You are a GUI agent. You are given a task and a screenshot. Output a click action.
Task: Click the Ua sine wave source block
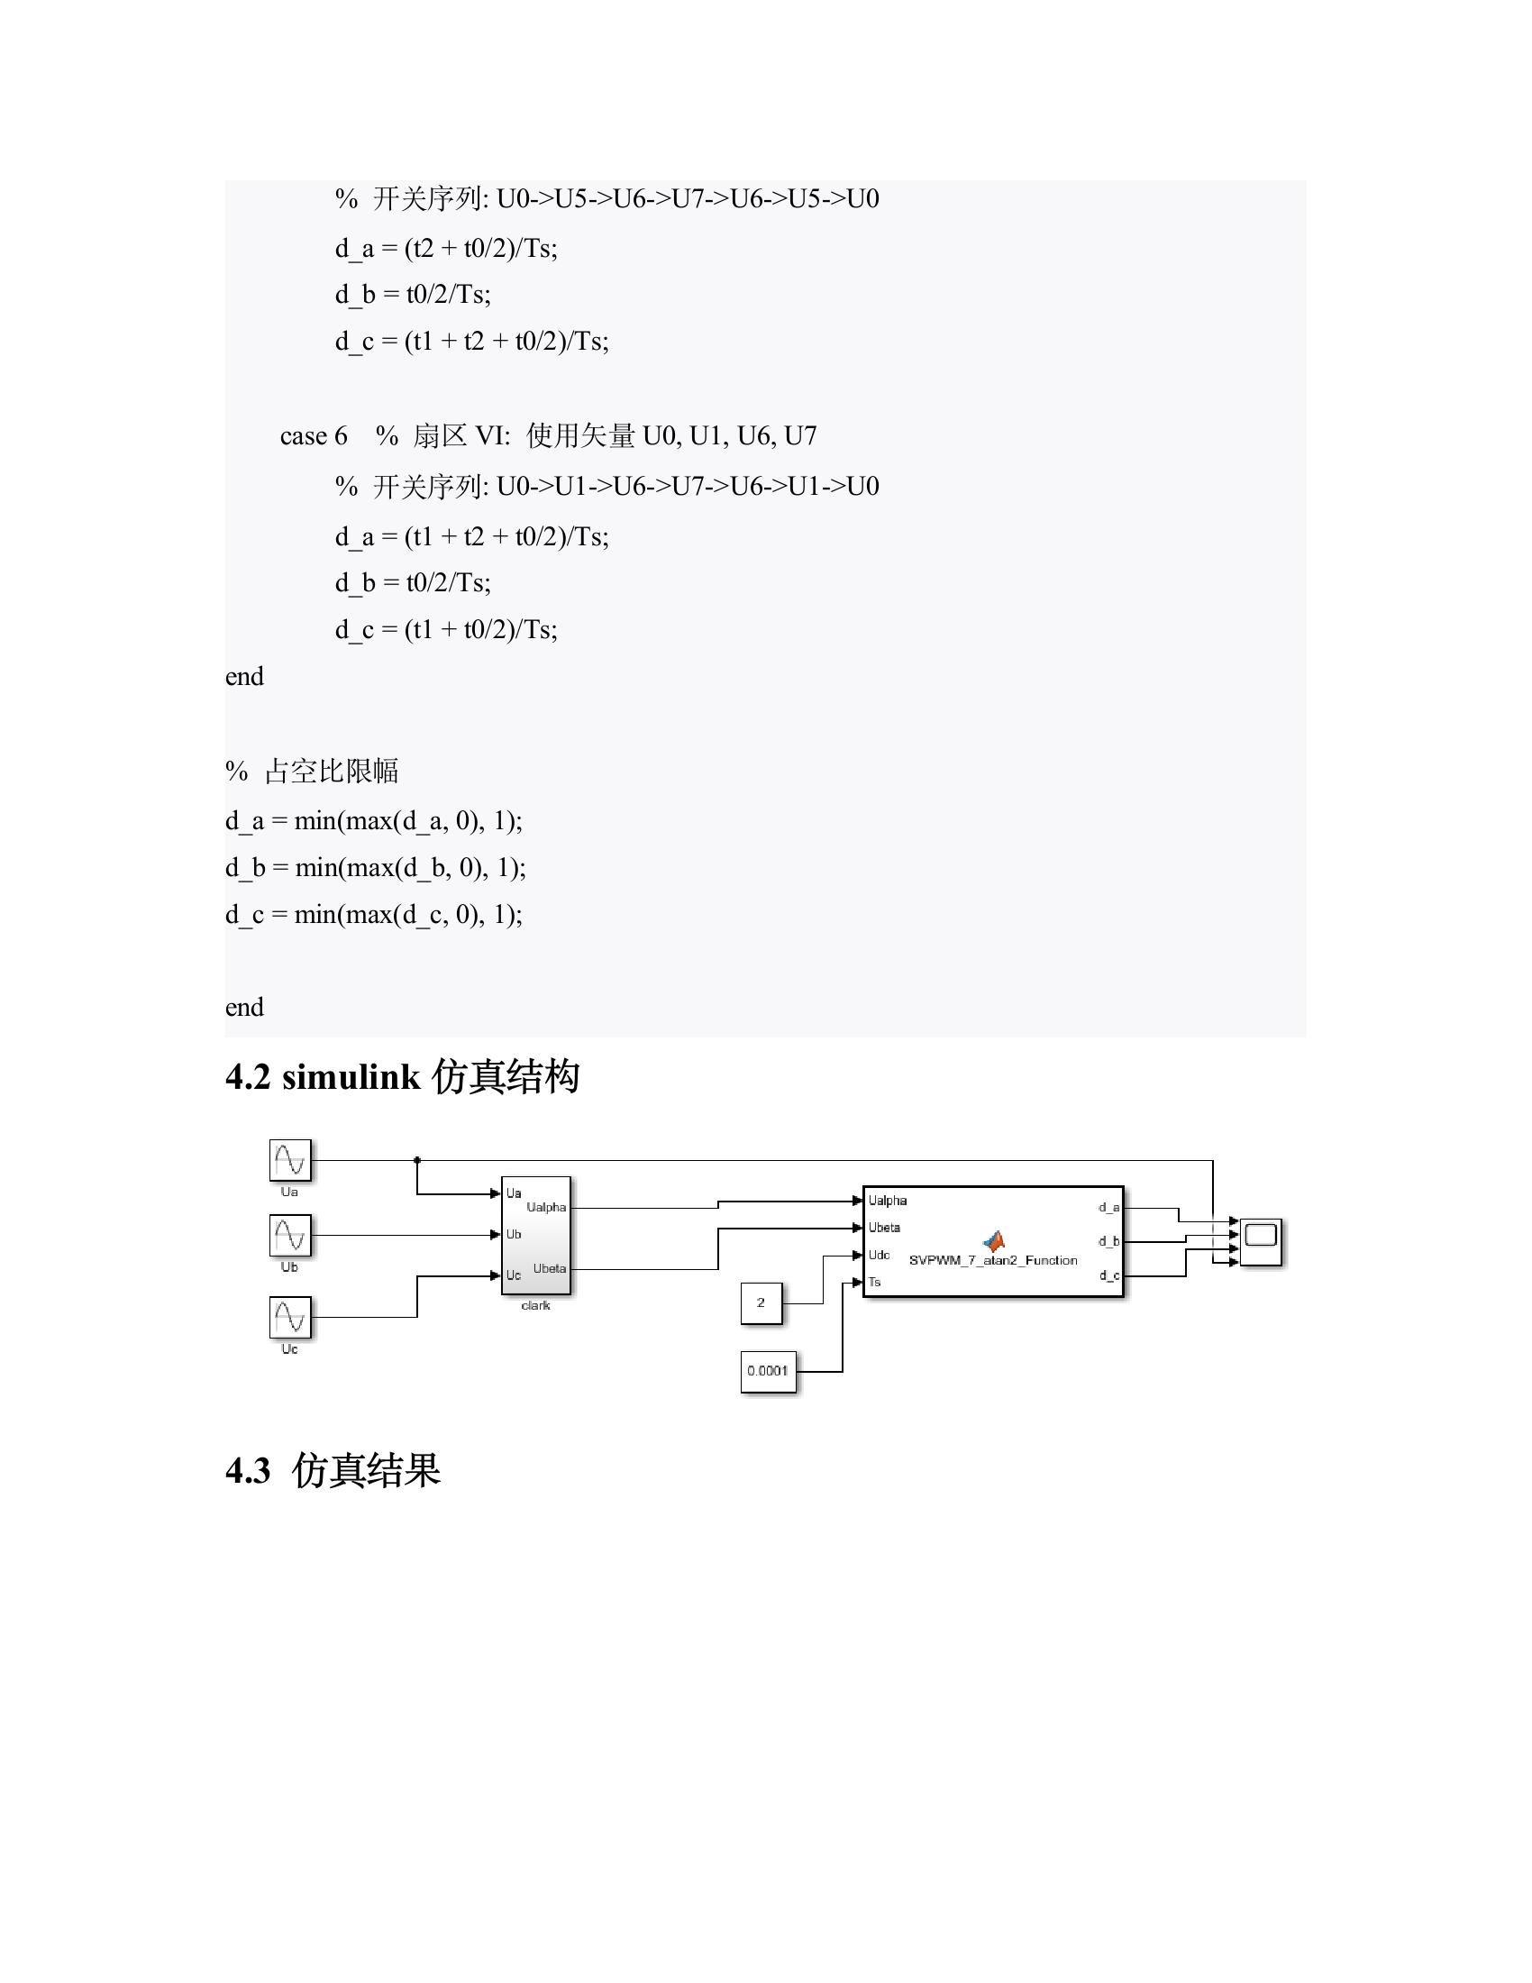click(x=290, y=1160)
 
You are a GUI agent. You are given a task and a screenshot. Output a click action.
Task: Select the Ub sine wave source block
click(x=290, y=1236)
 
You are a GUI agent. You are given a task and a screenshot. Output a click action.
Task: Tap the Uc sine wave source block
click(x=290, y=1318)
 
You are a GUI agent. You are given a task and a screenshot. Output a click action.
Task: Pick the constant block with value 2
click(x=761, y=1303)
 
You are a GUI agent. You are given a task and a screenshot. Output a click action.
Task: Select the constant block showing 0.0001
click(x=768, y=1371)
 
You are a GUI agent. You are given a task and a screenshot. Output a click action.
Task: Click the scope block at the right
click(x=1261, y=1241)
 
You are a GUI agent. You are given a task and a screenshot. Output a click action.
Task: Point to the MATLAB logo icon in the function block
click(x=995, y=1240)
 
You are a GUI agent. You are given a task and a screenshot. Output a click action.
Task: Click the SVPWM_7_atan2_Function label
click(x=993, y=1260)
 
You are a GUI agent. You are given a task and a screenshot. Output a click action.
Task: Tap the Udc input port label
click(x=879, y=1255)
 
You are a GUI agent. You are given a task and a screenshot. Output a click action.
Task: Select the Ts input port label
click(x=875, y=1282)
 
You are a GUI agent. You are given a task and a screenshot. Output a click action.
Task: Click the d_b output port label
click(x=1108, y=1241)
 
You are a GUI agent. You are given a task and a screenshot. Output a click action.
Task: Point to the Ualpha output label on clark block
click(x=546, y=1208)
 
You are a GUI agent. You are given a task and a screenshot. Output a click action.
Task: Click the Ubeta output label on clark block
click(x=549, y=1268)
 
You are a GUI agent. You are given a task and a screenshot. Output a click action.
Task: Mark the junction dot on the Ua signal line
click(x=417, y=1160)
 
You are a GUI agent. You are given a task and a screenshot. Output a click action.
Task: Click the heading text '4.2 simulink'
click(x=323, y=1077)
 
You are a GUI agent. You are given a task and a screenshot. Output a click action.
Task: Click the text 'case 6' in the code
click(x=313, y=437)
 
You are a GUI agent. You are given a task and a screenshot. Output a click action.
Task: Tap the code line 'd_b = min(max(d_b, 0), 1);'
click(x=375, y=868)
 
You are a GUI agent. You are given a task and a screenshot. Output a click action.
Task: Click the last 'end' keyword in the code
click(x=244, y=1007)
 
